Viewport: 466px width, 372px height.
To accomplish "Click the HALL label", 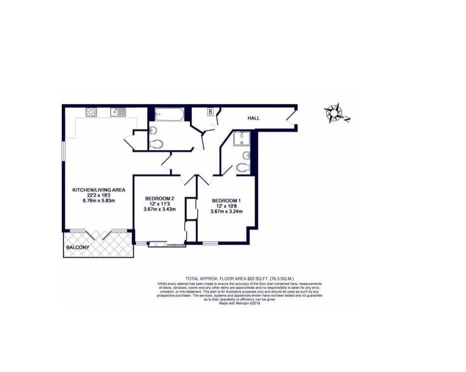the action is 253,118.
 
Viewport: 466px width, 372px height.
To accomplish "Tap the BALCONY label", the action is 77,247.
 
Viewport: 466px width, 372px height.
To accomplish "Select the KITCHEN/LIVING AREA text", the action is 99,189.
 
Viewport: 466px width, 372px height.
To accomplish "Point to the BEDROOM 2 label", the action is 160,198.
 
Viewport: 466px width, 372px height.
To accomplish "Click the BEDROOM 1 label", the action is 226,200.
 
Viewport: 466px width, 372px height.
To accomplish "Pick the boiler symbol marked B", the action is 211,112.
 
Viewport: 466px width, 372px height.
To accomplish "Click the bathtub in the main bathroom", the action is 170,114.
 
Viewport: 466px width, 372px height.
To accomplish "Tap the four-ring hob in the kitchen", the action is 91,112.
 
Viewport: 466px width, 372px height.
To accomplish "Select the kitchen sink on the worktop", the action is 118,112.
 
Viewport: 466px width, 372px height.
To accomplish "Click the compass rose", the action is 334,113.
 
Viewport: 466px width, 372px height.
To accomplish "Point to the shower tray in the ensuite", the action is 241,139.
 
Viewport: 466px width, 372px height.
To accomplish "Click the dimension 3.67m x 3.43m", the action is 160,209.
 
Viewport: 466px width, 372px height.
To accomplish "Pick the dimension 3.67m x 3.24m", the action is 227,211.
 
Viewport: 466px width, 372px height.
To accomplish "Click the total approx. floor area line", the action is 239,279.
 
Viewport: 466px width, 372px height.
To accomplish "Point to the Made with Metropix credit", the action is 239,303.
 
